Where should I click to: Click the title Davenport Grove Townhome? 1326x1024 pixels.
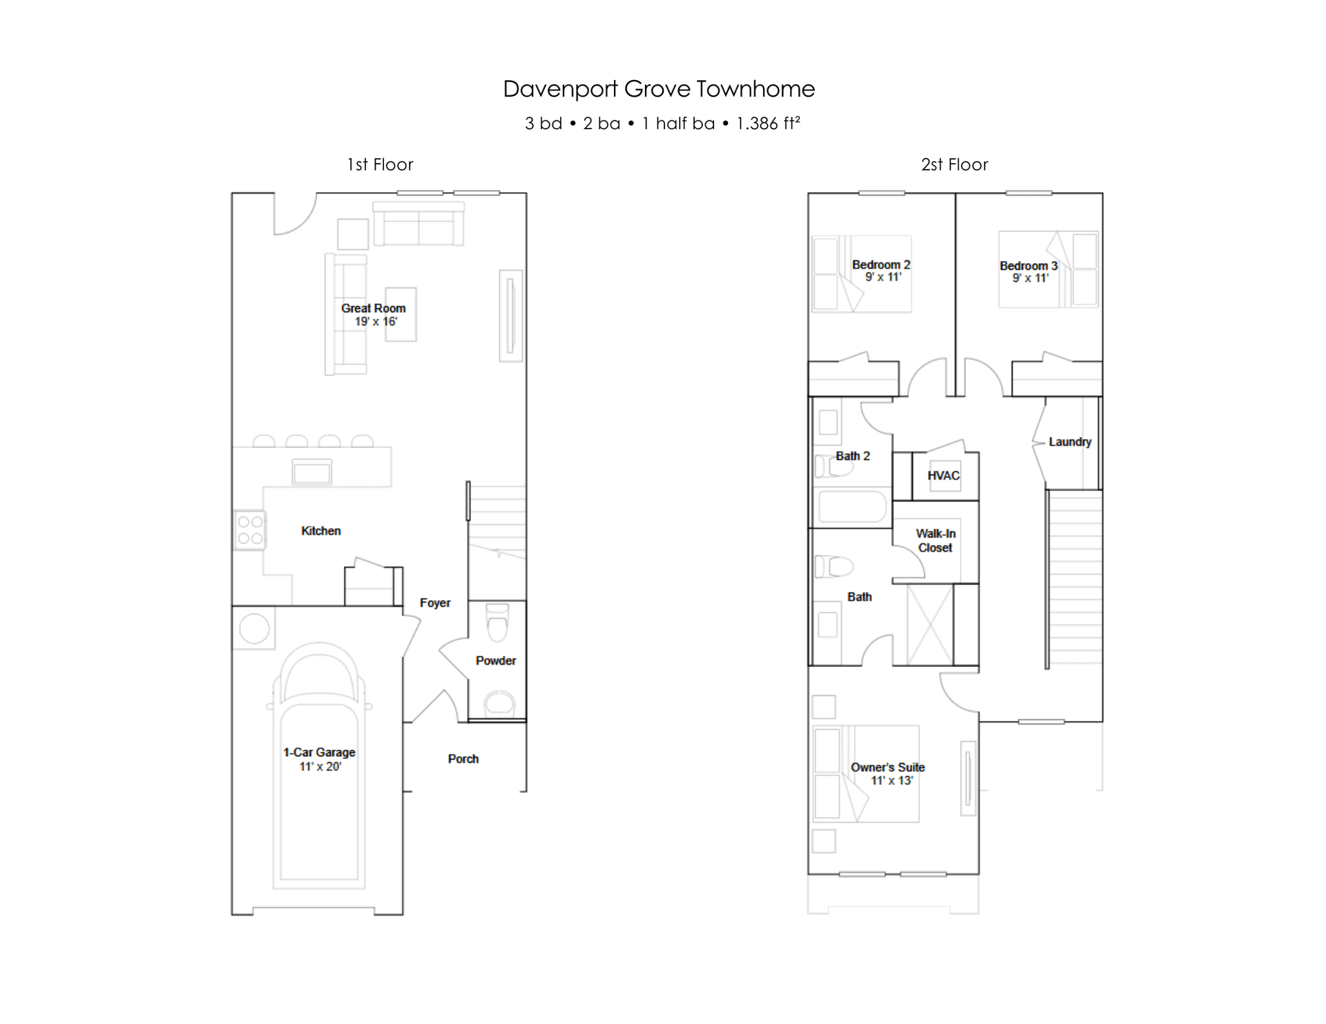tap(659, 89)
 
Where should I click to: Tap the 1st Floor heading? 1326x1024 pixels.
tap(380, 164)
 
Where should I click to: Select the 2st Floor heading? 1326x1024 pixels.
tap(954, 164)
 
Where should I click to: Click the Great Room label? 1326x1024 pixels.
tap(373, 308)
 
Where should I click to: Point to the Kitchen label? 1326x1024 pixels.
tap(320, 531)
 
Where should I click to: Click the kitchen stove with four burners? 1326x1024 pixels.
tap(249, 530)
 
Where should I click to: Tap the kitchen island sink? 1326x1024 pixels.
tap(311, 472)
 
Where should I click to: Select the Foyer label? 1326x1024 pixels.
tap(435, 603)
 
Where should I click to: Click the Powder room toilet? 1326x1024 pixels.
tap(497, 624)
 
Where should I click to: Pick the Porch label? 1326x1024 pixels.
tap(463, 759)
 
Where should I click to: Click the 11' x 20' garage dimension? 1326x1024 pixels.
tap(320, 766)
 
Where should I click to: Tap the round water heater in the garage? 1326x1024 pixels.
tap(254, 629)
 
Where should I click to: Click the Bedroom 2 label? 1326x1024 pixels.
tap(881, 264)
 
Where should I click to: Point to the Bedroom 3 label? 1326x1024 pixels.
tap(1028, 266)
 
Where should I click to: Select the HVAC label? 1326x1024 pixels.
tap(943, 476)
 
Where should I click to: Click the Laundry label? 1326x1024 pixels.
tap(1070, 442)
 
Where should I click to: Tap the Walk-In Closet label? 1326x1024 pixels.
tap(935, 541)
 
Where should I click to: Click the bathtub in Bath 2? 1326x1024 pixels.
tap(852, 507)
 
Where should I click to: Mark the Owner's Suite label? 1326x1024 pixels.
tap(887, 767)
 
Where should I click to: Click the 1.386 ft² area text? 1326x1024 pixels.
tap(768, 123)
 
